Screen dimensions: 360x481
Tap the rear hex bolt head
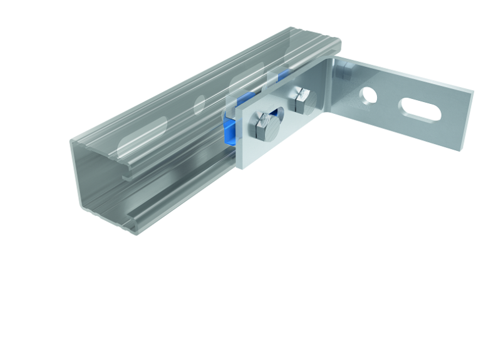click(x=300, y=102)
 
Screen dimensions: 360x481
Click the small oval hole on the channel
click(x=200, y=103)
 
